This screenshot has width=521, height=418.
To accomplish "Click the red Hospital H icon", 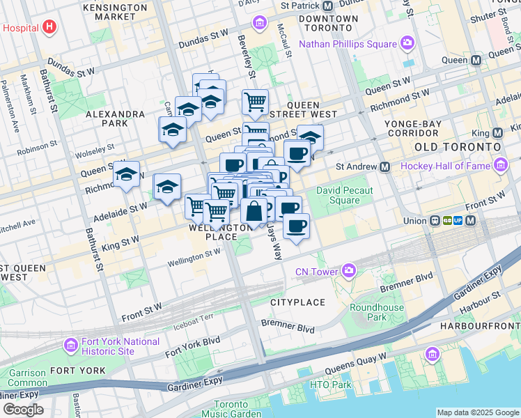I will pyautogui.click(x=49, y=28).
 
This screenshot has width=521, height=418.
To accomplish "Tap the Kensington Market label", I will pyautogui.click(x=114, y=11).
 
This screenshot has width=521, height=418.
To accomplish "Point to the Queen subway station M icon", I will pyautogui.click(x=476, y=61).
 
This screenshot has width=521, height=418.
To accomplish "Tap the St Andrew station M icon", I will pyautogui.click(x=384, y=167).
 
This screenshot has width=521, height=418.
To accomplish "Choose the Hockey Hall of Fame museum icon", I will pyautogui.click(x=499, y=165).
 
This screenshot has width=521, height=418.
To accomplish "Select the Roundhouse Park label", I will pyautogui.click(x=377, y=312).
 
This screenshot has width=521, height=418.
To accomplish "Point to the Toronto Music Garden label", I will pyautogui.click(x=231, y=410).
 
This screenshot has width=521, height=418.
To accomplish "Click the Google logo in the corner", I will pyautogui.click(x=22, y=410).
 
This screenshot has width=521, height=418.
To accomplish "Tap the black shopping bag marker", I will pyautogui.click(x=254, y=210).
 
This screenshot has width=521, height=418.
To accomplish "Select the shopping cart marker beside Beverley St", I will pyautogui.click(x=255, y=102).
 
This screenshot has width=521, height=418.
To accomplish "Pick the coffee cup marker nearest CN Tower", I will pyautogui.click(x=297, y=226).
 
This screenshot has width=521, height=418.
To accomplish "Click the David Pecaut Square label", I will pyautogui.click(x=345, y=195).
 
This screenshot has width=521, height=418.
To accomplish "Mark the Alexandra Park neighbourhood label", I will pyautogui.click(x=116, y=118).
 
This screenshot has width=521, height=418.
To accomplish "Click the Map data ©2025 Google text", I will pyautogui.click(x=477, y=412).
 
